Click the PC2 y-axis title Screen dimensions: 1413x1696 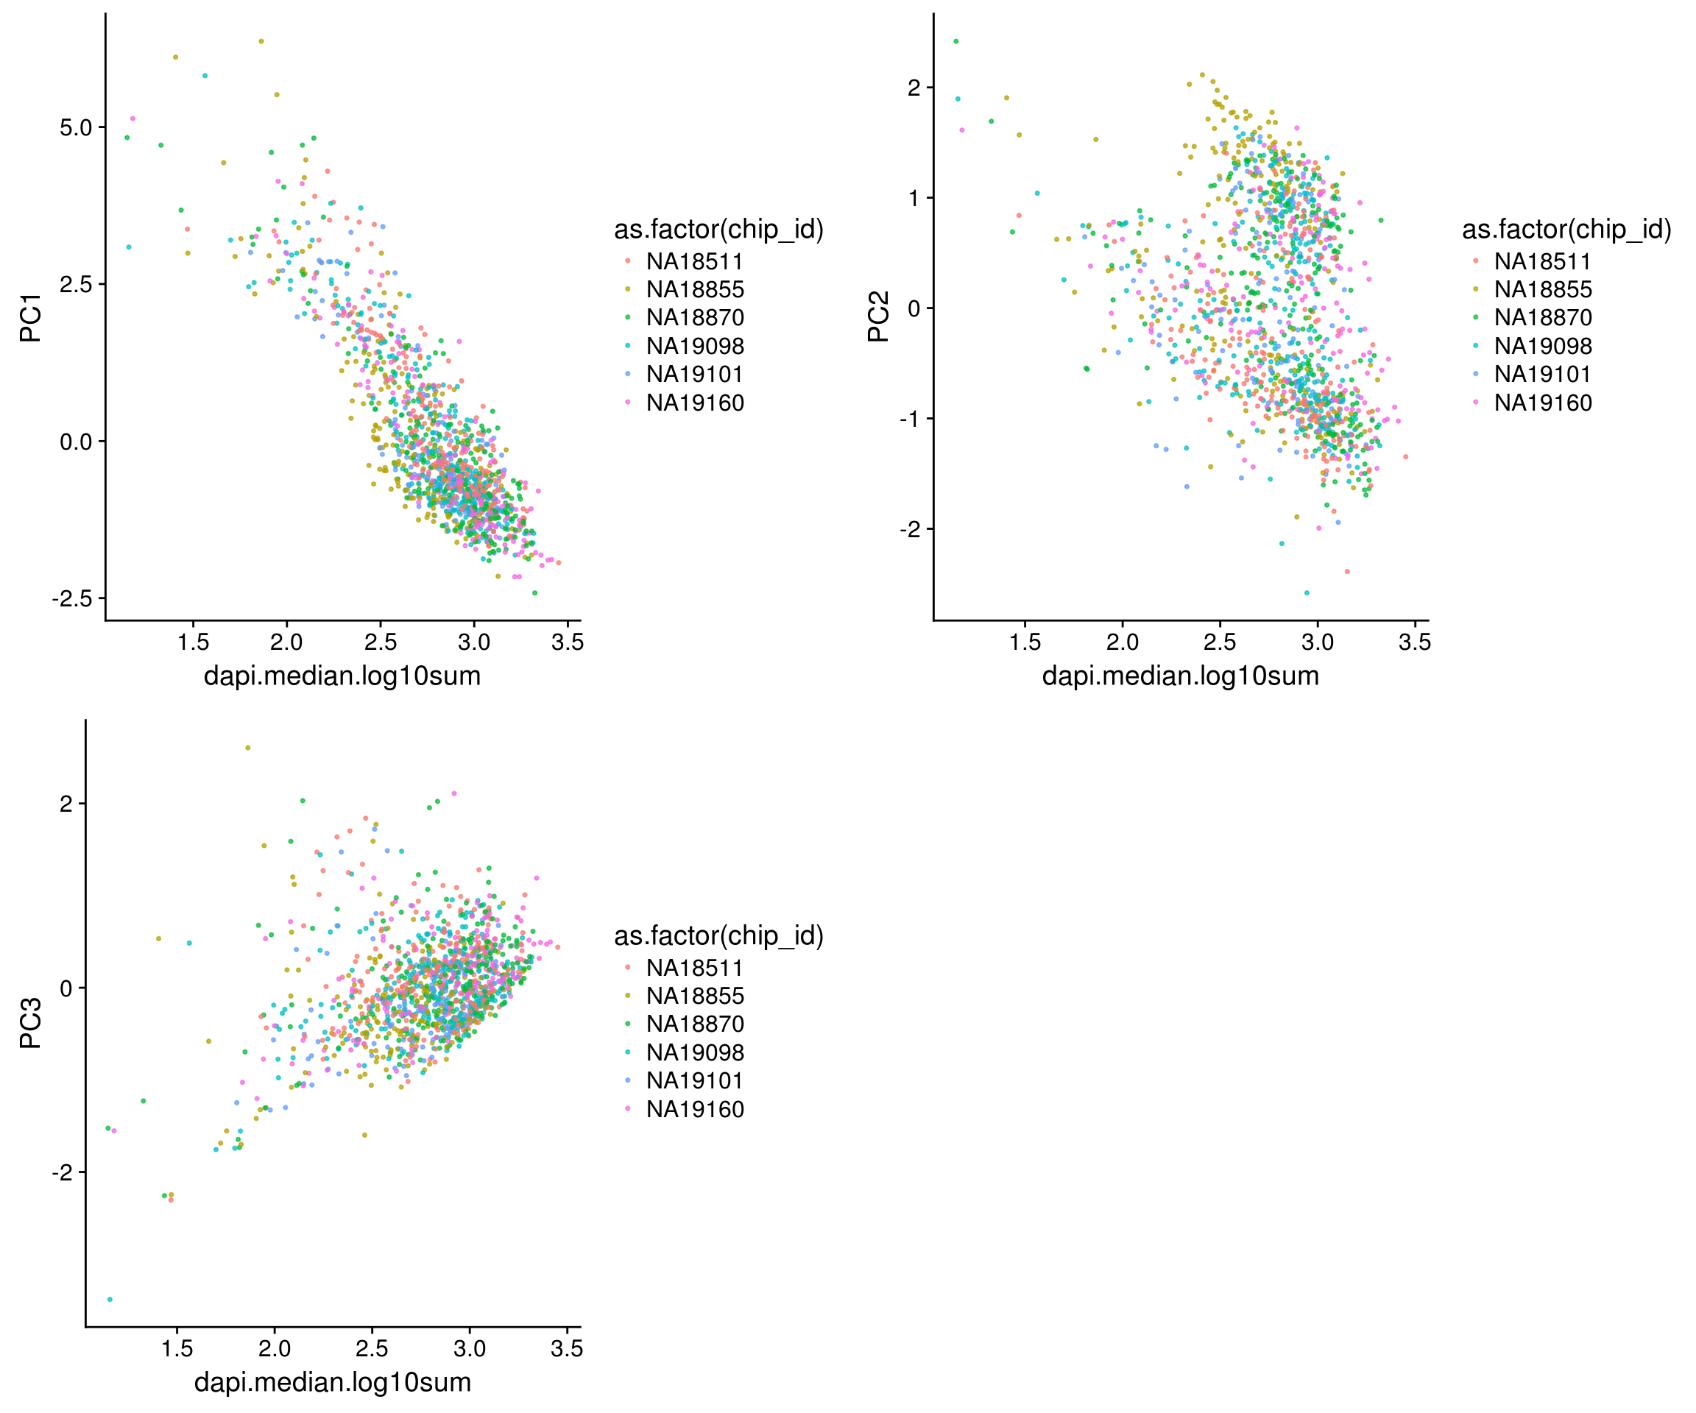pos(878,316)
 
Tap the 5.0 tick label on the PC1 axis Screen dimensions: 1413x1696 pos(76,127)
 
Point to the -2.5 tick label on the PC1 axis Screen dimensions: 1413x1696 pos(72,598)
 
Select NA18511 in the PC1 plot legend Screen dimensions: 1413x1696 pos(693,261)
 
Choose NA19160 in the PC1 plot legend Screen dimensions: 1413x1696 pos(695,403)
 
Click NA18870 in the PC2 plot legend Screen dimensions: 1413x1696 pos(1543,317)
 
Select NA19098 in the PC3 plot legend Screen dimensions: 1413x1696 pos(695,1052)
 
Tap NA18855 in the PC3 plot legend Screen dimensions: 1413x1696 pos(695,996)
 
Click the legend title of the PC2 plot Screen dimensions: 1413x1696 pos(1566,230)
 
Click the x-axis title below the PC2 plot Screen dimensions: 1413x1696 pos(1180,676)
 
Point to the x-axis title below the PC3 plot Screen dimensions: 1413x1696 pos(332,1382)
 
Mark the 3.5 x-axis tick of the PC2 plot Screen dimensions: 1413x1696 pos(1414,642)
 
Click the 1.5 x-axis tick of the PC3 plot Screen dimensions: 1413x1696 pos(177,1348)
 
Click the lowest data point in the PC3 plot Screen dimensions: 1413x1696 pos(110,1299)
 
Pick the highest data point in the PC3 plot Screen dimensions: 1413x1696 pos(248,748)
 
